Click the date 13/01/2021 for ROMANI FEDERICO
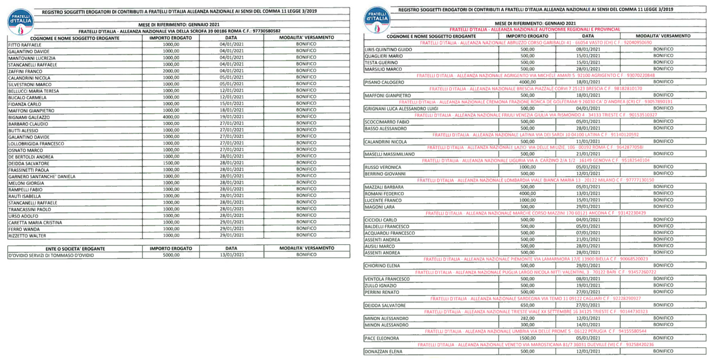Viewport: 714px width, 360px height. point(588,193)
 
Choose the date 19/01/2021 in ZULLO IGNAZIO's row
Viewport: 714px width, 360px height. point(588,285)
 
